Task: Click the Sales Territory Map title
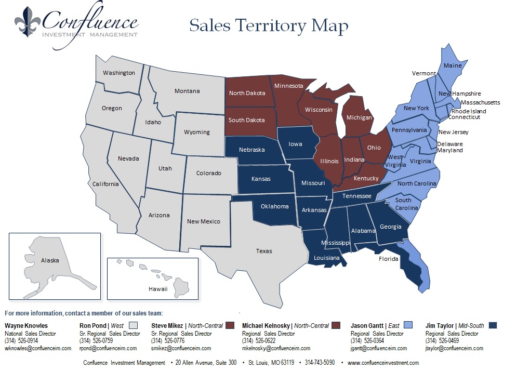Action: click(269, 25)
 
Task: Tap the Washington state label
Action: click(118, 73)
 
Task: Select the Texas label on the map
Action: click(264, 251)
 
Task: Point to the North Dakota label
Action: click(247, 93)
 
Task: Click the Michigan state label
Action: click(359, 117)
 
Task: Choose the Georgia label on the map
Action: click(391, 227)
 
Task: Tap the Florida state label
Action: click(388, 259)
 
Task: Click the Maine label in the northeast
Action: click(452, 65)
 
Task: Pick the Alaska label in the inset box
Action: click(50, 260)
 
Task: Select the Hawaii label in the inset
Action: click(158, 289)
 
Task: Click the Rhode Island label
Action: click(469, 111)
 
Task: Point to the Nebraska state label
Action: click(251, 150)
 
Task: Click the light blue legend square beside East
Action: click(409, 325)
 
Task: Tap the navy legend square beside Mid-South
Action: click(493, 325)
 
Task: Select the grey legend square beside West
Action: click(133, 325)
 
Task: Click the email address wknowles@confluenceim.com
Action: click(38, 348)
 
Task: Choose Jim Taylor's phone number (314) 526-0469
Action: click(443, 341)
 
